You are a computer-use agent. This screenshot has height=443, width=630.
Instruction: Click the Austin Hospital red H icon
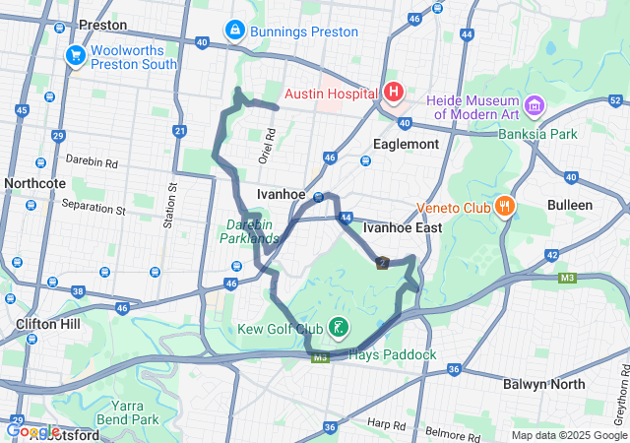point(394,93)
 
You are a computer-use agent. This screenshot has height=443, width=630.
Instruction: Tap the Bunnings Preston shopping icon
point(234,32)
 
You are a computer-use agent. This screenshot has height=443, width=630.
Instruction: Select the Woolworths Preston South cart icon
point(75,56)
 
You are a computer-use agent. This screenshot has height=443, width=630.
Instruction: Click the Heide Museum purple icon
point(535,104)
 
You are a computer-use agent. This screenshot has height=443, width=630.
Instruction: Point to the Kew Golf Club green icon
point(337,327)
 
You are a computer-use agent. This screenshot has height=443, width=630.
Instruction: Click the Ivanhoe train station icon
point(318,197)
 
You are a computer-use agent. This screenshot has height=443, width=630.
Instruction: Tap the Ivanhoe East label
point(402,227)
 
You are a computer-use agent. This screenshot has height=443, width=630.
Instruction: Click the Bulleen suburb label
point(571,205)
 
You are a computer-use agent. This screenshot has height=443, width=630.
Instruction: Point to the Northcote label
point(34,183)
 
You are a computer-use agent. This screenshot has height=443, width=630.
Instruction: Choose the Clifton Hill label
point(47,323)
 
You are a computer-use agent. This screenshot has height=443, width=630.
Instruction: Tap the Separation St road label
point(94,209)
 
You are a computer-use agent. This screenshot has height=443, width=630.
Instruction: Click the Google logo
point(33,431)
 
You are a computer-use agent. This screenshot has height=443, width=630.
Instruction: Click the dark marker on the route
point(382,262)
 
